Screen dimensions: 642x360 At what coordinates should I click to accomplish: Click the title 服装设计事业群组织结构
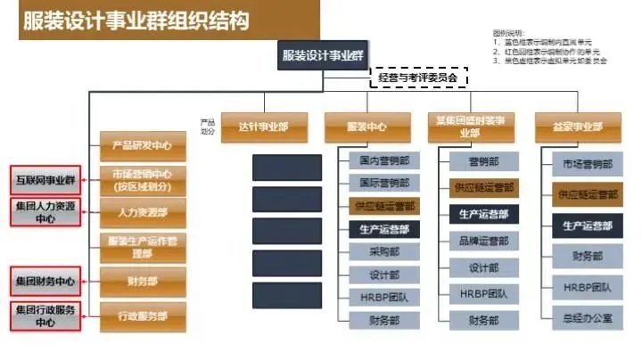pyautogui.click(x=134, y=20)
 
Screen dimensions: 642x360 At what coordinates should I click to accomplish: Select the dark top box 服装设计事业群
pyautogui.click(x=323, y=54)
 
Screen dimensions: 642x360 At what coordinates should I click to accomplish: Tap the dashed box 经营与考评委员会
pyautogui.click(x=418, y=78)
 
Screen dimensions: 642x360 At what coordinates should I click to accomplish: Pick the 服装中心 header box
pyautogui.click(x=366, y=126)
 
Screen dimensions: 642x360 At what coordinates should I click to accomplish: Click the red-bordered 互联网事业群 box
pyautogui.click(x=45, y=179)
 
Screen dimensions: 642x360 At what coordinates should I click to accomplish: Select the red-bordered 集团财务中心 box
pyautogui.click(x=45, y=282)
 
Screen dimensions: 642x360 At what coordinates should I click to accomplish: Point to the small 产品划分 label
pyautogui.click(x=208, y=126)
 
